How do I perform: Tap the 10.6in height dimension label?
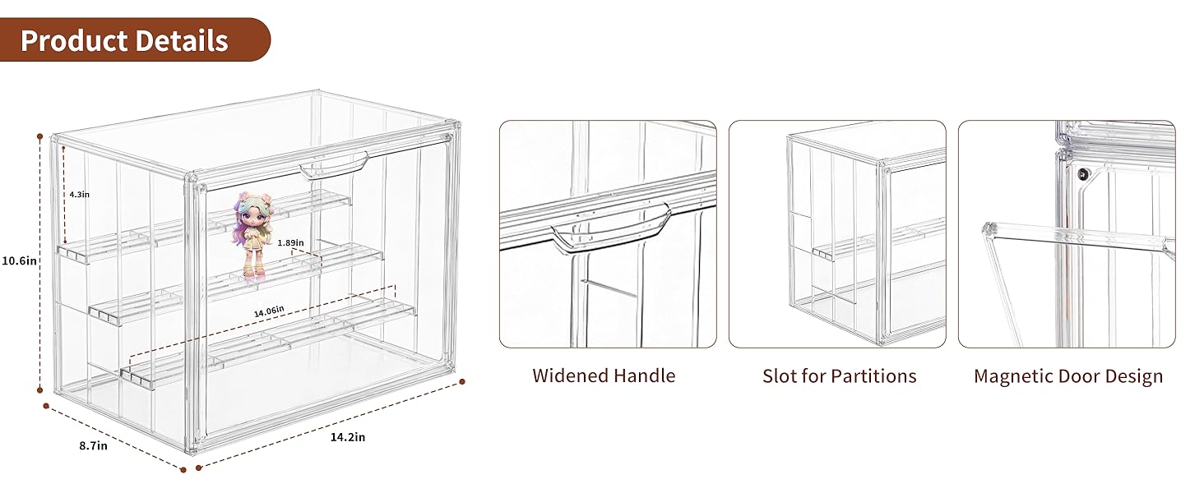[x=19, y=261]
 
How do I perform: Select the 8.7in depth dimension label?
[x=93, y=446]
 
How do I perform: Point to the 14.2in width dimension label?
[x=347, y=437]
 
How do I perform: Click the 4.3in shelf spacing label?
[x=79, y=194]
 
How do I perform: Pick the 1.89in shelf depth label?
[x=290, y=243]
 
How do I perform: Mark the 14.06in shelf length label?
[x=269, y=310]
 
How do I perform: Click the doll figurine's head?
[x=252, y=210]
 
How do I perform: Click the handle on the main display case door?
[x=334, y=168]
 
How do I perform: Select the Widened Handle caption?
[x=604, y=376]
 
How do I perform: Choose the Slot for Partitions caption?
[x=839, y=376]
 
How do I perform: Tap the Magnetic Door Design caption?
[x=1068, y=376]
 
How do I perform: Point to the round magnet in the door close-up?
[x=1082, y=173]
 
